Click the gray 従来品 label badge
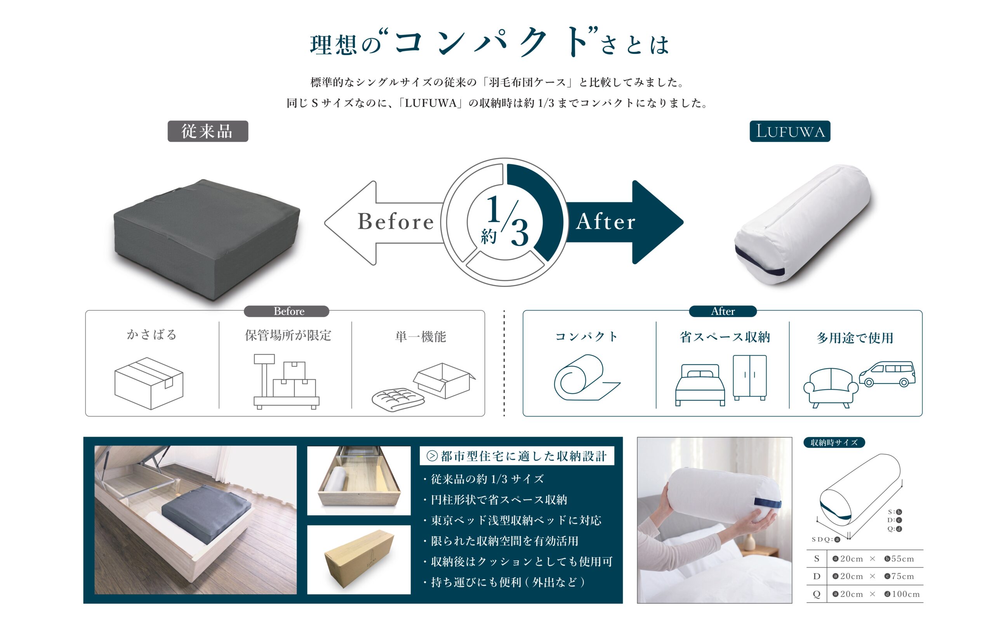point(208,131)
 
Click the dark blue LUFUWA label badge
point(790,131)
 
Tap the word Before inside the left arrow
point(396,222)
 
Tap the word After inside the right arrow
point(606,222)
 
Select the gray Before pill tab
point(287,311)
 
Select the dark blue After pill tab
point(723,311)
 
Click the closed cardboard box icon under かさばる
point(149,383)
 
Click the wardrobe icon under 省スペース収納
point(750,377)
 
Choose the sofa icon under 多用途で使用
point(831,388)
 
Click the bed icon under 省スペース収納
point(700,385)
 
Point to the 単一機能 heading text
point(421,337)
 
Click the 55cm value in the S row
point(900,559)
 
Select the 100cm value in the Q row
point(902,594)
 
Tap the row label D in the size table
point(817,576)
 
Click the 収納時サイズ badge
point(834,442)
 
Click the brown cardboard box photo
point(359,559)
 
